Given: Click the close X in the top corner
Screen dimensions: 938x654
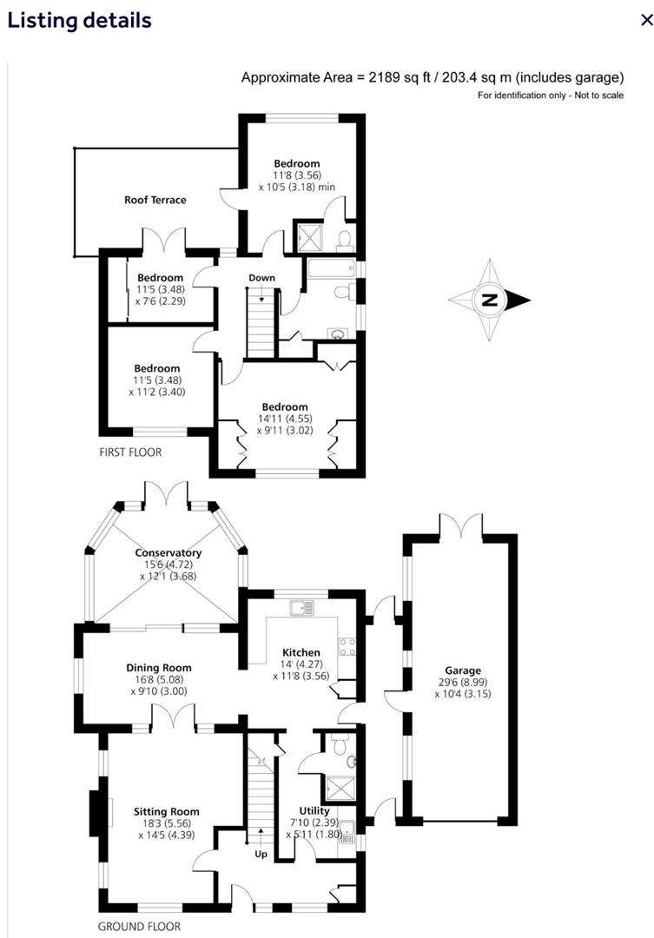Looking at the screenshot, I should tap(644, 21).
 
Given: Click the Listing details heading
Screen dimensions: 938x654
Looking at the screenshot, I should tap(79, 20).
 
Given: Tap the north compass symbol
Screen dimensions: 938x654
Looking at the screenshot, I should tap(490, 301).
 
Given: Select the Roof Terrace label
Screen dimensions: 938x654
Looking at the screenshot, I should tap(155, 200).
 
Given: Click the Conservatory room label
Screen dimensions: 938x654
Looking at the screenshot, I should tap(168, 553).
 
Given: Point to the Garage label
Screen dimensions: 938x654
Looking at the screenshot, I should tap(462, 670).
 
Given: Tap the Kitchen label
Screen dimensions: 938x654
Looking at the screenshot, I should tap(301, 652).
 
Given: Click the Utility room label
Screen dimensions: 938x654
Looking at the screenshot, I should tap(314, 811).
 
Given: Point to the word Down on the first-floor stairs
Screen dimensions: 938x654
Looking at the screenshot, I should tap(261, 278).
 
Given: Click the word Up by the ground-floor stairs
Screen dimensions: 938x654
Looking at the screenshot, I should tap(261, 855).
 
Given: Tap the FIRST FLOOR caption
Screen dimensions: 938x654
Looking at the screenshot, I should tap(129, 452).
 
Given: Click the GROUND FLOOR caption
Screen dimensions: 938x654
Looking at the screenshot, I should tap(139, 927).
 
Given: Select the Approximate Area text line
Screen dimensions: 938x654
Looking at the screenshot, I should tap(432, 77).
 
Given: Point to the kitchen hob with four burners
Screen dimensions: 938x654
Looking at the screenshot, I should tap(347, 645).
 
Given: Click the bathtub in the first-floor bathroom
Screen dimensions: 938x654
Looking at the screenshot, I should tap(330, 267).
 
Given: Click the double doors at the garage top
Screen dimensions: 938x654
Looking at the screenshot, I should tap(460, 526).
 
